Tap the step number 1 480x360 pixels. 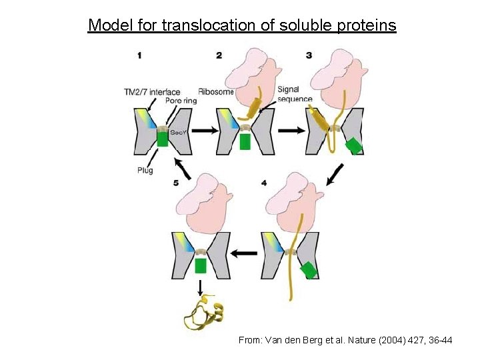tap(139, 55)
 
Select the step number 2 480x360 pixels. tap(219, 55)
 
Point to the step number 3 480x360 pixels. tap(309, 55)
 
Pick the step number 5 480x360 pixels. tap(176, 182)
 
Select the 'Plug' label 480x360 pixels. tap(145, 170)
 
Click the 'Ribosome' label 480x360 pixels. tap(216, 92)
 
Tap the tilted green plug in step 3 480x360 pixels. tap(354, 146)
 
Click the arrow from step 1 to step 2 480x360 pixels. tap(205, 131)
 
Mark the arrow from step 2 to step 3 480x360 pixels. tap(289, 131)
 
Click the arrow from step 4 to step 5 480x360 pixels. tap(245, 253)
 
